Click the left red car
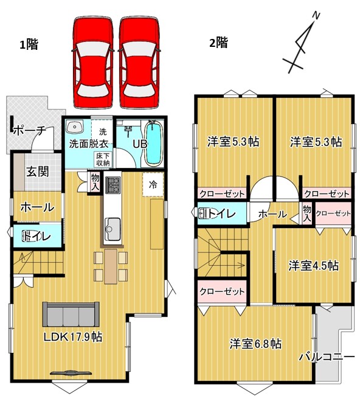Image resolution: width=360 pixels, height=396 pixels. [x=93, y=63]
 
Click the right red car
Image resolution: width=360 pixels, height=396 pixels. [x=140, y=63]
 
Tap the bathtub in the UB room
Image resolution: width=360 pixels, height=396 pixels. [x=153, y=144]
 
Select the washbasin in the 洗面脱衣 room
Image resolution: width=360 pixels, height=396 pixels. [x=75, y=127]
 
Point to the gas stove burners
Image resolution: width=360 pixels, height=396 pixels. [x=112, y=185]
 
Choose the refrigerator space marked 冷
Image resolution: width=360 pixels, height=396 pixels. [x=153, y=184]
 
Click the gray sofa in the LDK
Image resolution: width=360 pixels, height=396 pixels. [x=71, y=314]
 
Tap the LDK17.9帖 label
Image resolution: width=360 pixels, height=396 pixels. [x=73, y=336]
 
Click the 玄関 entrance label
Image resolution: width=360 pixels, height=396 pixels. [x=38, y=172]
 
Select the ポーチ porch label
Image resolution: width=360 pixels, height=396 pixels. [x=29, y=131]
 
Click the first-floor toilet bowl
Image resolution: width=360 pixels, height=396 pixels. [x=29, y=237]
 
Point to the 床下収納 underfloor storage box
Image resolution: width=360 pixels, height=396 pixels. [x=103, y=159]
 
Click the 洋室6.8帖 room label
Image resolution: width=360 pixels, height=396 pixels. [x=255, y=344]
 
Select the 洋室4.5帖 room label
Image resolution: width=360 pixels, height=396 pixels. [x=314, y=266]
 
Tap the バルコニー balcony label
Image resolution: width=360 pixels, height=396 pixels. [x=327, y=357]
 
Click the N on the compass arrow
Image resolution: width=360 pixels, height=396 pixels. [x=316, y=16]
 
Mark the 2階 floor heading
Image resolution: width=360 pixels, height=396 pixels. [x=219, y=43]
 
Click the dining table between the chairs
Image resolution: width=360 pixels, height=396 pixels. [x=111, y=266]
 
